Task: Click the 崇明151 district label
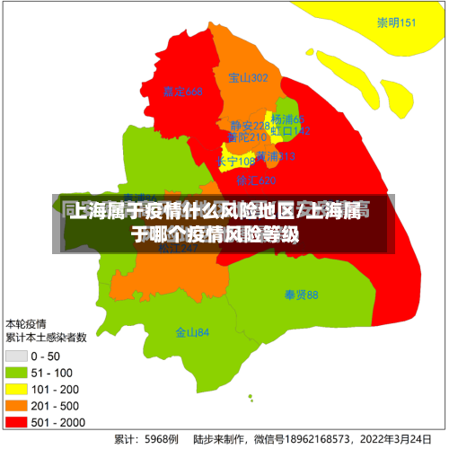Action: (396, 22)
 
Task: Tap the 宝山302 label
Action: (248, 78)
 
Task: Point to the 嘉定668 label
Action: (183, 92)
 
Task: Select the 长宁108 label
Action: (236, 162)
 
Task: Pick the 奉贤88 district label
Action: (302, 295)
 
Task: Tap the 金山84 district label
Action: (192, 332)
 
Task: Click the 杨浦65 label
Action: (288, 119)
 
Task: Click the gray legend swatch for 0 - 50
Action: (16, 357)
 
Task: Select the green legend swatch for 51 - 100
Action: (16, 373)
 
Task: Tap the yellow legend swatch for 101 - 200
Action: (16, 389)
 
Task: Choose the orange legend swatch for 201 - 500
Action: (16, 405)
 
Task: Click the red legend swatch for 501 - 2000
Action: (16, 421)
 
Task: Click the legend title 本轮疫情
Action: (26, 323)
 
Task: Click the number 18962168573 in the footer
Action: (320, 440)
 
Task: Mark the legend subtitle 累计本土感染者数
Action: (46, 339)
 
